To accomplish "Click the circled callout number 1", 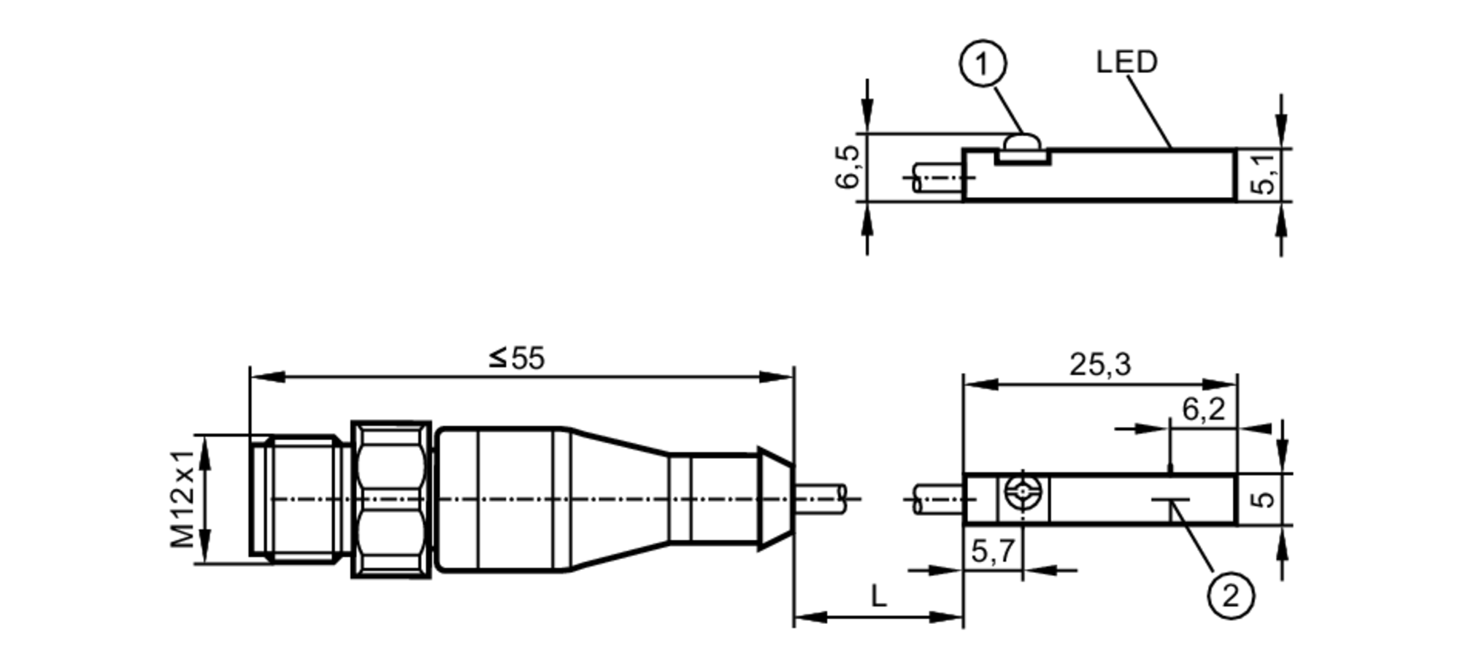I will tap(982, 64).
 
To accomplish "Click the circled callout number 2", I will tap(1231, 596).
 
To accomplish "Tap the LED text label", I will tap(1126, 62).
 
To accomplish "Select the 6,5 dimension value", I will tap(849, 167).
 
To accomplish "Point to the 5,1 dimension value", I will tap(1264, 174).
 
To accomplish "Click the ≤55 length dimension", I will tap(517, 358).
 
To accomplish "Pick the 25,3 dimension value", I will tap(1100, 364).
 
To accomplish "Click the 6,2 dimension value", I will tap(1203, 409).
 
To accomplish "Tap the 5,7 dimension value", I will tap(993, 552).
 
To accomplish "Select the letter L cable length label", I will tap(878, 597).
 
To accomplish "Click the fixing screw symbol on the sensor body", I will tap(1023, 491).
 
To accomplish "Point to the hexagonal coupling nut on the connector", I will tap(391, 499).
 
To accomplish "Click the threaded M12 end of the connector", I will tap(299, 499).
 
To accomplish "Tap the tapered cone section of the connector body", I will tap(617, 499).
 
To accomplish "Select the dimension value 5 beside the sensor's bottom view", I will tap(1264, 499).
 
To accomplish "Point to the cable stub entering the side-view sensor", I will tap(938, 178).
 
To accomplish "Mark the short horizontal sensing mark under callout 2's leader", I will tap(1170, 501).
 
